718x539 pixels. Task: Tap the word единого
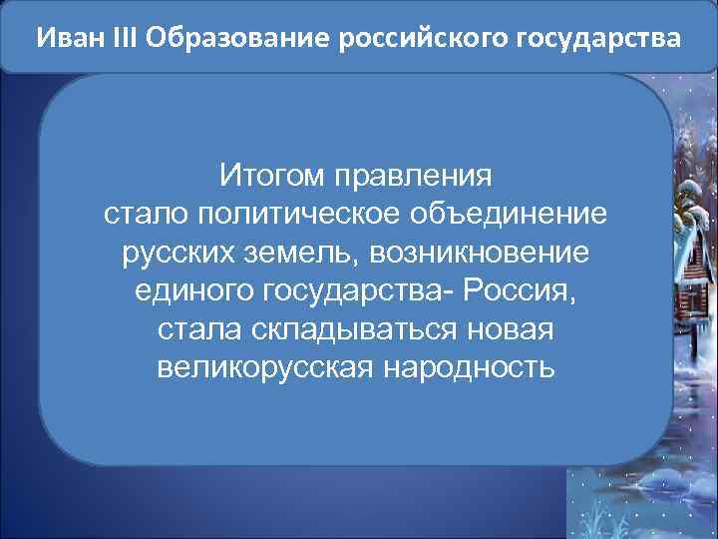pos(190,290)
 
